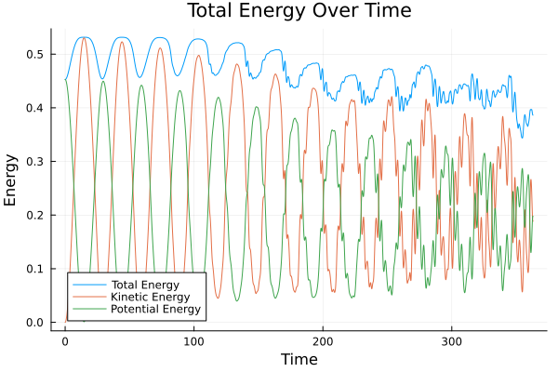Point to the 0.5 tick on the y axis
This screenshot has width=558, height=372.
(x=35, y=55)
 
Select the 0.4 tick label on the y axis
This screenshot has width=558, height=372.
(x=35, y=109)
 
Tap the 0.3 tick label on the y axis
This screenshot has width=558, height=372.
(x=35, y=162)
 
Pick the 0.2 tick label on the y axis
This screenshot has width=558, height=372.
(x=35, y=216)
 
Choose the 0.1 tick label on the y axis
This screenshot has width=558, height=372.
(x=35, y=270)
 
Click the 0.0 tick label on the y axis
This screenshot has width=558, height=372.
(x=35, y=323)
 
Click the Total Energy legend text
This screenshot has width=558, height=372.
(x=144, y=285)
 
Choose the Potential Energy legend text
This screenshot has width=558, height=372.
(x=154, y=309)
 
